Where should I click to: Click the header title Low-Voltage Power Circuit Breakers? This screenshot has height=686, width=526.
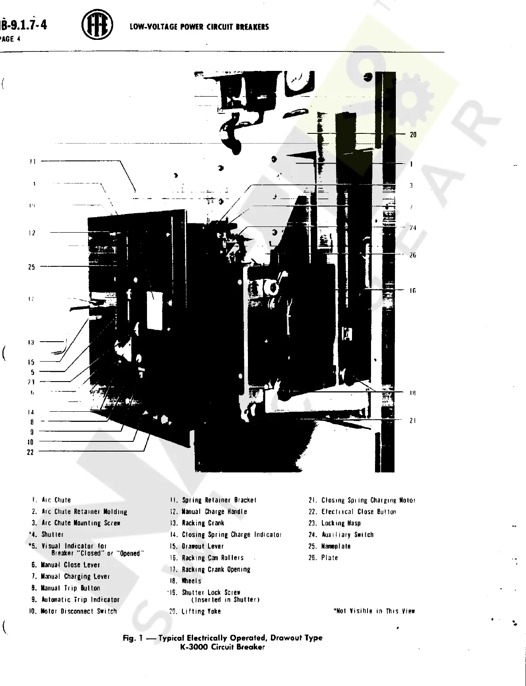(199, 27)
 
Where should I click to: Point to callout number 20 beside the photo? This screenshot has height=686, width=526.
(413, 134)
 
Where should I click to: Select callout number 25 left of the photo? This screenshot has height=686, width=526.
(31, 267)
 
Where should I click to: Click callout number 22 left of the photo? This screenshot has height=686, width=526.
(30, 452)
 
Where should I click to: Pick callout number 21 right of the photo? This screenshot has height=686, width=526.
(413, 421)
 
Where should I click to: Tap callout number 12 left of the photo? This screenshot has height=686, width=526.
(32, 233)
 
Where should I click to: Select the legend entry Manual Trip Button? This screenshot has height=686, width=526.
(70, 588)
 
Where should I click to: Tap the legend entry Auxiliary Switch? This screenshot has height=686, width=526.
(347, 534)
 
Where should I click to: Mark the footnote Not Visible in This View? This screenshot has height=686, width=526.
(374, 611)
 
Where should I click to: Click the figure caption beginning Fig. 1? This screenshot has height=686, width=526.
(222, 642)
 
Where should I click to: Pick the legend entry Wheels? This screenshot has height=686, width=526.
(191, 581)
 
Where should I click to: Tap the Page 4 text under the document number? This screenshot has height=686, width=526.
(11, 39)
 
